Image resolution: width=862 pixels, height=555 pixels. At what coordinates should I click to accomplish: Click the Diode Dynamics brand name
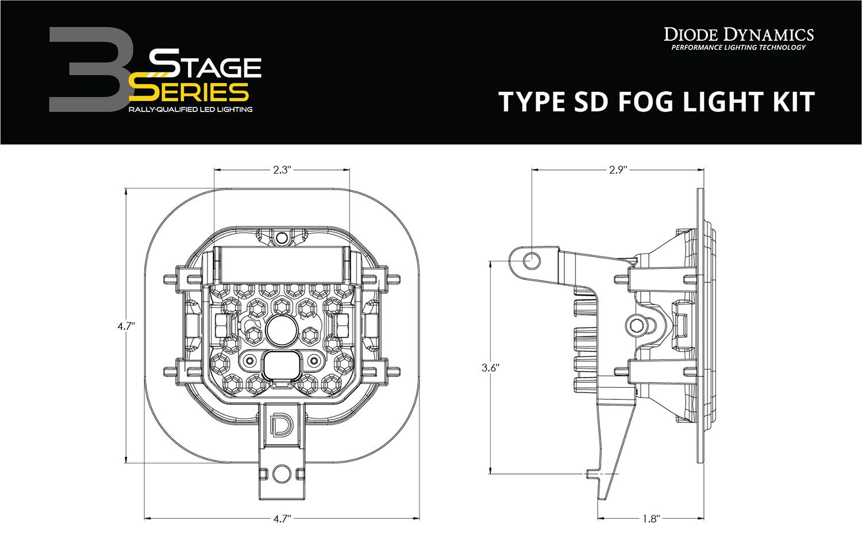coord(738,34)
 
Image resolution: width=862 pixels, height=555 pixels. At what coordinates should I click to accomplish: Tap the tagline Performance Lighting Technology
coord(738,48)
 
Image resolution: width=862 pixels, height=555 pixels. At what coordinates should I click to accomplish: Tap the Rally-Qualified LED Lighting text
coord(190,109)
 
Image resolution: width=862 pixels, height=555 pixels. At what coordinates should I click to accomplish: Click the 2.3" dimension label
coord(282,169)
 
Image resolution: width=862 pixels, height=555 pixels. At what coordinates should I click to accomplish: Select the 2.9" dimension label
coord(618,169)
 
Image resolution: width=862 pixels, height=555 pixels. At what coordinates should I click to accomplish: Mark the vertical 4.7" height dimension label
coord(126,326)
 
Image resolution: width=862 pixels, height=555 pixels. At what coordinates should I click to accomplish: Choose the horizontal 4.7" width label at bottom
coord(281,519)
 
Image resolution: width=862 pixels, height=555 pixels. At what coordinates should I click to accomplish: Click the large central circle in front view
coord(281,330)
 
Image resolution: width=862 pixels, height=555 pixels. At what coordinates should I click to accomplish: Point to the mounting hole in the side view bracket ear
coord(533,260)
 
